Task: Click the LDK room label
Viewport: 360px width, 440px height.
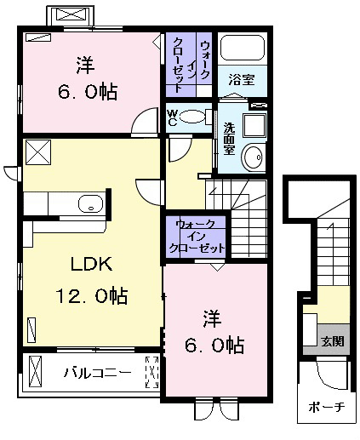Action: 91,264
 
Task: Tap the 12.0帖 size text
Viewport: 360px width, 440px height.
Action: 91,295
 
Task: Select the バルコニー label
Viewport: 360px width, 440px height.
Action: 98,372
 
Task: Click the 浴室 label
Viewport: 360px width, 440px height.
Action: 242,80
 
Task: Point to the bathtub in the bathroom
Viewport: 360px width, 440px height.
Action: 243,48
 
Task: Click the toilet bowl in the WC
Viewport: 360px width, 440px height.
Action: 192,117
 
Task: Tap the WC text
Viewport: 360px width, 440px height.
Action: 172,117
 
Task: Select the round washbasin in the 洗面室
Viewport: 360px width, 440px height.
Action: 253,157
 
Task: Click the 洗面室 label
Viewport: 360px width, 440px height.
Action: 229,139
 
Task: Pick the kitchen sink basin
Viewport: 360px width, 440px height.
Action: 90,203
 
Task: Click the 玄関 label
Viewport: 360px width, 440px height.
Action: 333,341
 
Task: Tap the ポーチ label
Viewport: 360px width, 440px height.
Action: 326,408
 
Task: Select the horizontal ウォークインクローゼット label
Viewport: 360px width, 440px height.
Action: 197,236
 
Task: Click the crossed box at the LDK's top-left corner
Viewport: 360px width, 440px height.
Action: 38,152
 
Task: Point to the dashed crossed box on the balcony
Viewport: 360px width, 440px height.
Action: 152,372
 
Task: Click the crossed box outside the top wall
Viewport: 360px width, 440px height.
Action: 71,14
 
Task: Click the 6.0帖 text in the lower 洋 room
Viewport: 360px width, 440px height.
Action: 214,345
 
